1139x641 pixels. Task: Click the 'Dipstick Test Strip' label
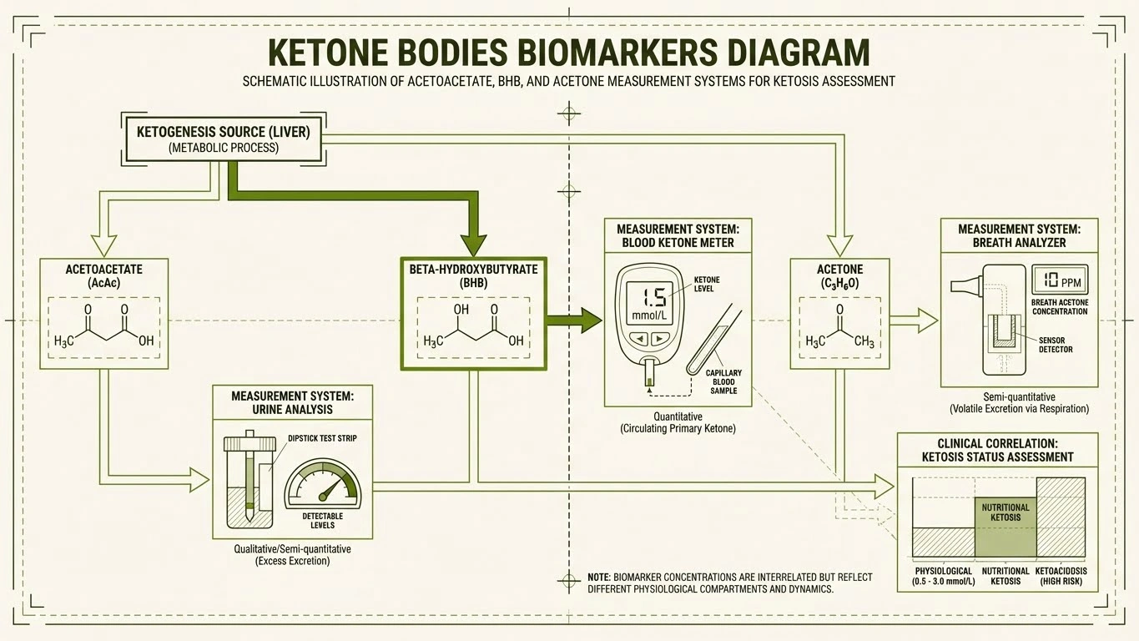point(322,438)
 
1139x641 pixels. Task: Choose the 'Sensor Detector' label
point(1056,345)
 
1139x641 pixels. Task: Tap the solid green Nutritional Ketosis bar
point(1005,527)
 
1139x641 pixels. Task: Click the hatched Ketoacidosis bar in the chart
point(1061,517)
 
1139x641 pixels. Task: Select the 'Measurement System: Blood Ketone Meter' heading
point(677,235)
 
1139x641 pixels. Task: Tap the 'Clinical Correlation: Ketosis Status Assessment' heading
point(997,450)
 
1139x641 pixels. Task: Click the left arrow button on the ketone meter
point(640,339)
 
